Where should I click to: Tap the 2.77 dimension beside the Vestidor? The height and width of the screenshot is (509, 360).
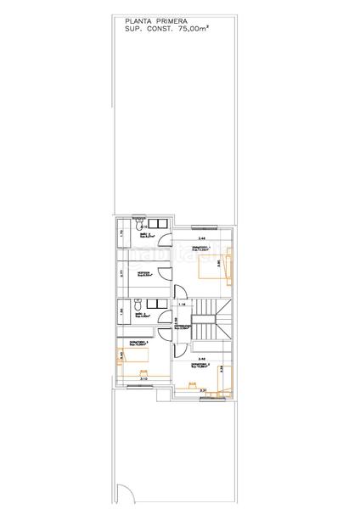123,274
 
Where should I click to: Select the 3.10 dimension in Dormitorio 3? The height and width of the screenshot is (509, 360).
142,378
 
